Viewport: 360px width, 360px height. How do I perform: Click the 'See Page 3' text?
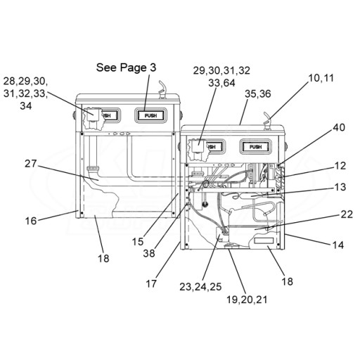[x=126, y=67]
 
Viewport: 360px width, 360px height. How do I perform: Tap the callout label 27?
[x=31, y=164]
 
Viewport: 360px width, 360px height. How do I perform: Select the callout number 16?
[x=31, y=221]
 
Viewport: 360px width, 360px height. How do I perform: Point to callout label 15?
[x=138, y=242]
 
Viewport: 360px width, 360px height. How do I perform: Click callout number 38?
[x=149, y=253]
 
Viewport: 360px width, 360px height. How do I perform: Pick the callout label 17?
[x=151, y=283]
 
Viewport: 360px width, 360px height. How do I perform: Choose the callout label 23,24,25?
[x=200, y=287]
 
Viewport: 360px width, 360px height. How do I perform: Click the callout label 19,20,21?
[x=247, y=300]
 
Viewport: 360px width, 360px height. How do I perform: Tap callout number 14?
[x=338, y=245]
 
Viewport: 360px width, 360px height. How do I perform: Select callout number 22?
[x=347, y=214]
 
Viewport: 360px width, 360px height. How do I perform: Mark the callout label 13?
[x=340, y=187]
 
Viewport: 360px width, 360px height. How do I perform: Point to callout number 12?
[x=340, y=166]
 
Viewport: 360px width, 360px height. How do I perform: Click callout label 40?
[x=339, y=127]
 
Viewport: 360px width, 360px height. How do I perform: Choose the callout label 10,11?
[x=321, y=78]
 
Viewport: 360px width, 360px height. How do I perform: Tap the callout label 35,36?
[x=258, y=94]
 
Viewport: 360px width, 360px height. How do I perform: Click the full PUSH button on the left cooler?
[x=150, y=115]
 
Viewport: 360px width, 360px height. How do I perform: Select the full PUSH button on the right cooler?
[x=255, y=147]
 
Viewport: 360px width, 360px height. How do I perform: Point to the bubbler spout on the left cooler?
[x=162, y=89]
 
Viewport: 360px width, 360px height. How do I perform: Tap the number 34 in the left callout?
[x=26, y=106]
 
